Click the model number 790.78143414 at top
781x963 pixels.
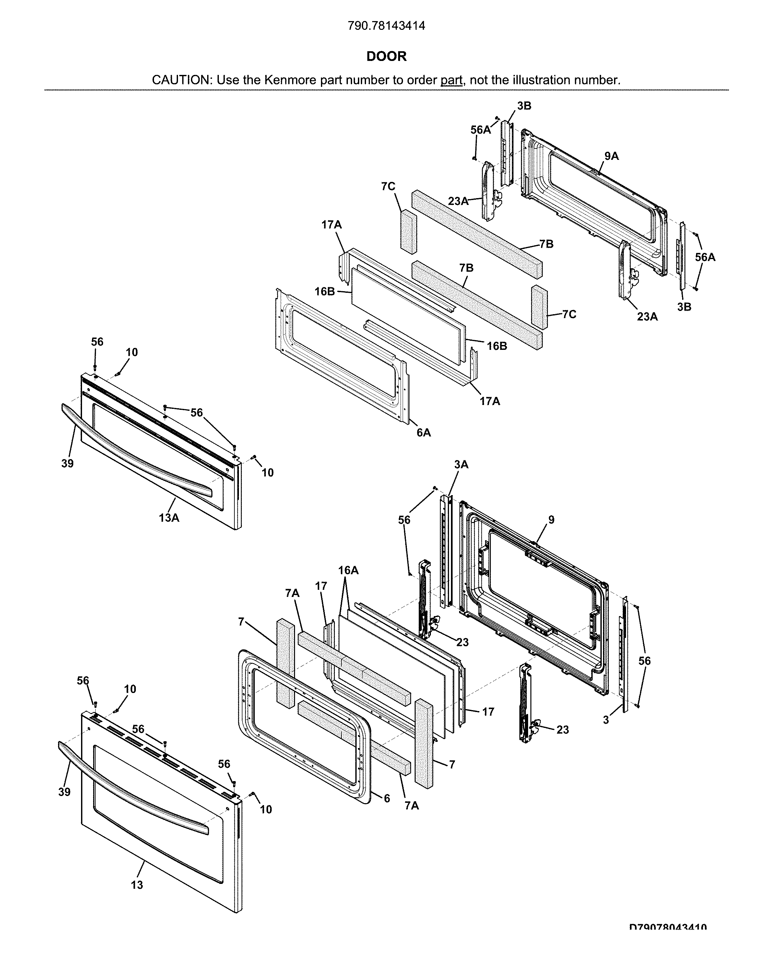point(386,26)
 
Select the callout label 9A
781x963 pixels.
point(611,156)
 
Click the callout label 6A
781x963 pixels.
point(423,433)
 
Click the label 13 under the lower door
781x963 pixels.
point(137,885)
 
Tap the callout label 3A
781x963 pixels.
point(461,464)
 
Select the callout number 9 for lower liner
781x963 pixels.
point(551,520)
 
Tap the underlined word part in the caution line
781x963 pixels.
point(451,80)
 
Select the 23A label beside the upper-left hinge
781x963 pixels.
point(458,201)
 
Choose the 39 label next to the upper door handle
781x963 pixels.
point(67,463)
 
